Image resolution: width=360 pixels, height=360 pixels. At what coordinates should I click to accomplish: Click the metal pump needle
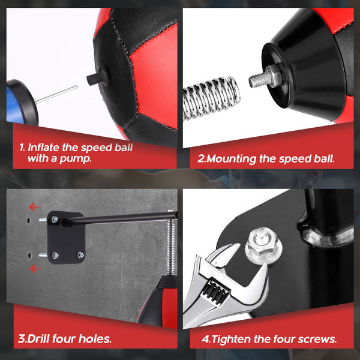56,94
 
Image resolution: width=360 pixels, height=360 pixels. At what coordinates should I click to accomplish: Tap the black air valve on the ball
98,77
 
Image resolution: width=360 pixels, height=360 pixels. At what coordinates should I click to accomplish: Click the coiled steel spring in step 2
211,99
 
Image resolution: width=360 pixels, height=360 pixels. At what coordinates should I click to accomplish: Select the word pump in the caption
76,159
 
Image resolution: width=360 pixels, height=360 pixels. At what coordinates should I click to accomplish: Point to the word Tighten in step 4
230,339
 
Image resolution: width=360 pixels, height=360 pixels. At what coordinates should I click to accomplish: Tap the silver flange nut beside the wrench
263,246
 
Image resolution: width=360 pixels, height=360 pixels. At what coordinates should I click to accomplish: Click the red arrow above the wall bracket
35,207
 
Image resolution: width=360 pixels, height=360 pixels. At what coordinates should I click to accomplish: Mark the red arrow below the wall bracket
35,268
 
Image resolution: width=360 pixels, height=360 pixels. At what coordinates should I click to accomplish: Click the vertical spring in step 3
171,246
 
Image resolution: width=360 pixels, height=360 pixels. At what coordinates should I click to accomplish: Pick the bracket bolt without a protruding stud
80,255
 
